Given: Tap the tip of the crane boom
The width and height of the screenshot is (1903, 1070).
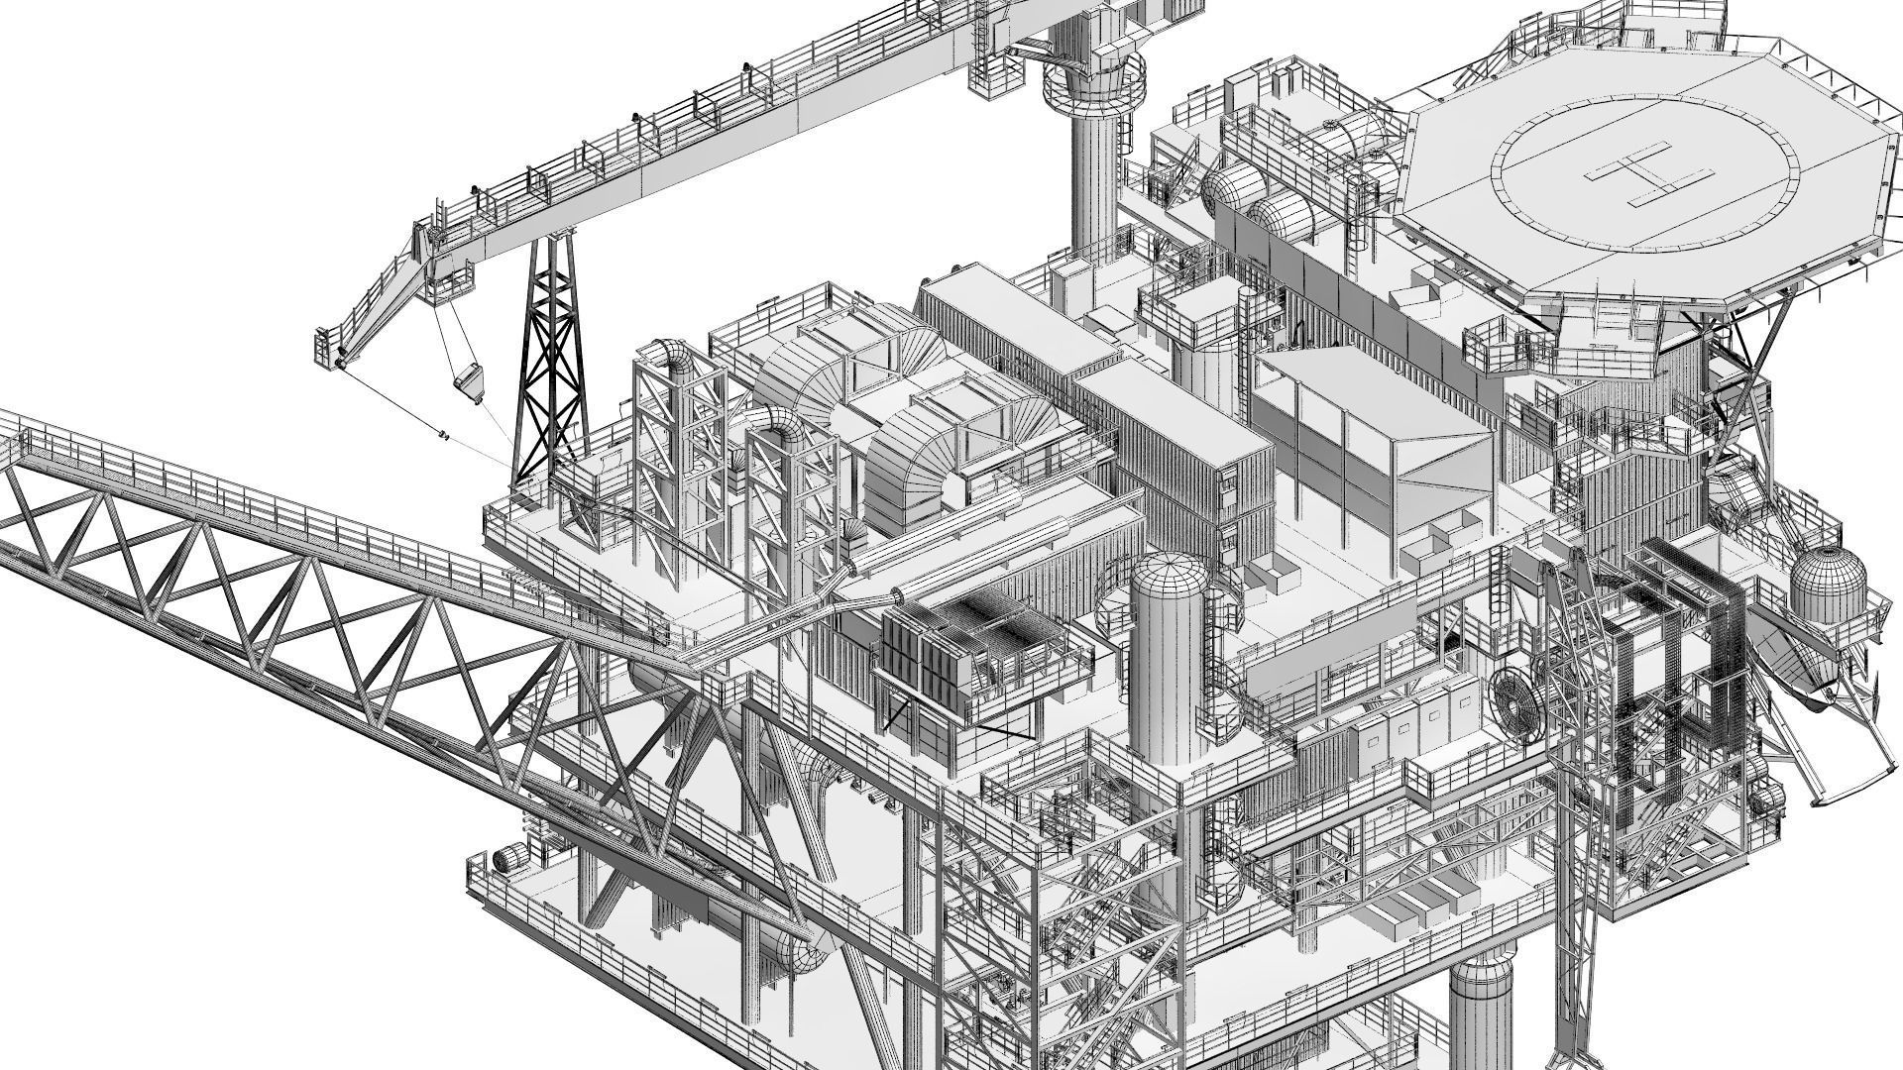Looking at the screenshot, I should [331, 349].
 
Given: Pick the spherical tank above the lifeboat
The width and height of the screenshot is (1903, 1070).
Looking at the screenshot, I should [1828, 586].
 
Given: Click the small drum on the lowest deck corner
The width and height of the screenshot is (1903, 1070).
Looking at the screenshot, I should [509, 860].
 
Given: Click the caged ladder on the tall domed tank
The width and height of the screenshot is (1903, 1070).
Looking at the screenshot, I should [1213, 674].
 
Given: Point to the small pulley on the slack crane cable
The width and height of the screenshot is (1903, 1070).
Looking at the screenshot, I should [442, 435].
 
